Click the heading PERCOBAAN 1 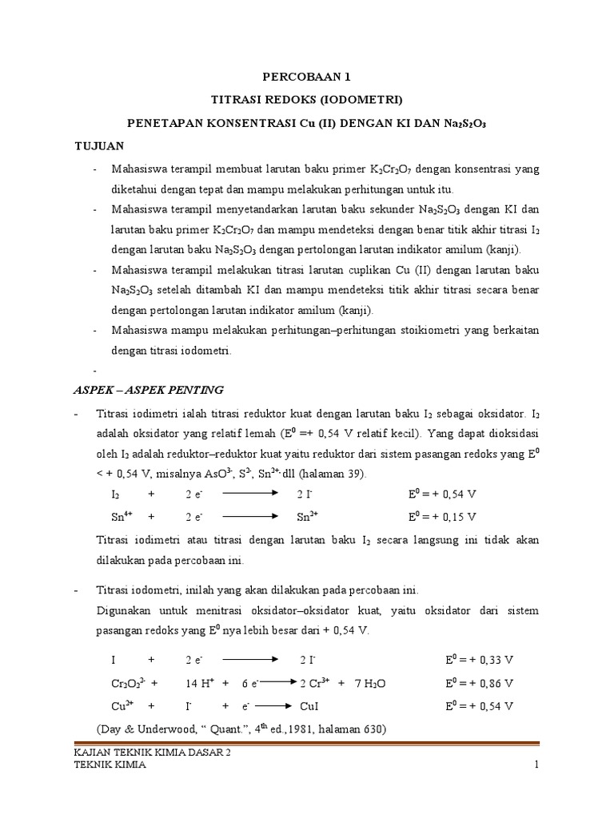click(307, 77)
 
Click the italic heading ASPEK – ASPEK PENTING click(149, 390)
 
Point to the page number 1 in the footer click(538, 765)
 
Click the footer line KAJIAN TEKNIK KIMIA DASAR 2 click(151, 752)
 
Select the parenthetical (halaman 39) click(328, 474)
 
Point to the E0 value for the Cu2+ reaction click(479, 707)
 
